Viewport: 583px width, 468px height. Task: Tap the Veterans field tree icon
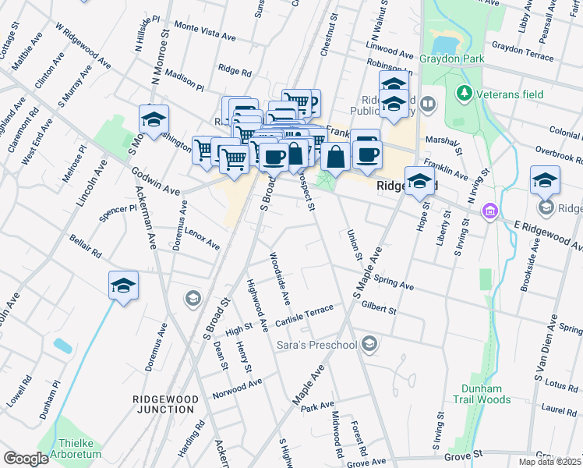(465, 94)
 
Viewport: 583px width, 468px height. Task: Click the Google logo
(26, 459)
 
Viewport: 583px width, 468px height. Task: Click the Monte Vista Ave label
(205, 31)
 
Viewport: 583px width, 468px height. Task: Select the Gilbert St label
(379, 307)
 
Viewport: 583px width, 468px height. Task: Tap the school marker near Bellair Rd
(123, 286)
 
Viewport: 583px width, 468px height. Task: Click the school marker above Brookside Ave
(545, 180)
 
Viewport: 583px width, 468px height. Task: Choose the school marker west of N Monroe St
(154, 119)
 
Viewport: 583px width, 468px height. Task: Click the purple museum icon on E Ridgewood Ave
(489, 211)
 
